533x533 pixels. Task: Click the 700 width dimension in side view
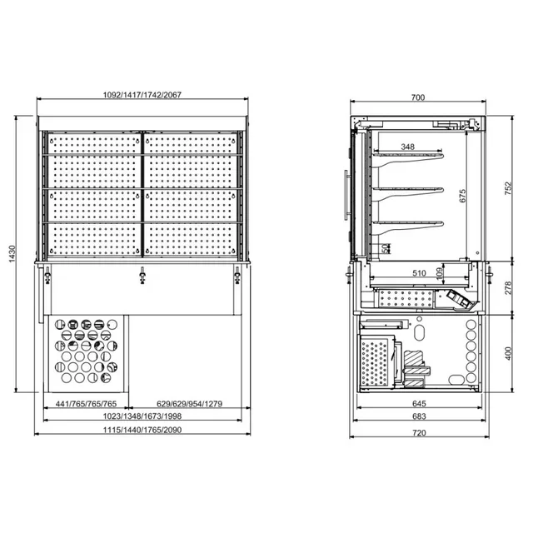click(x=418, y=97)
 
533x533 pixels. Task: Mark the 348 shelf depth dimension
click(x=407, y=147)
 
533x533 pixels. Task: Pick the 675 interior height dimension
click(x=463, y=196)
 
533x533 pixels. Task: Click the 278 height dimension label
click(x=509, y=287)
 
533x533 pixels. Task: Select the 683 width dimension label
click(x=418, y=418)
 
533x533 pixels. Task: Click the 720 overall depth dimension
click(x=418, y=432)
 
